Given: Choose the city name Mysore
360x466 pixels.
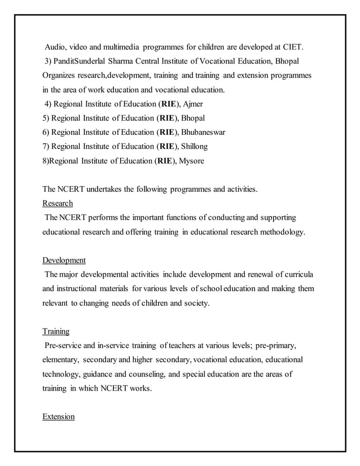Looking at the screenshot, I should tap(191, 161).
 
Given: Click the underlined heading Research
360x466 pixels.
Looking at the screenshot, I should tap(58, 203).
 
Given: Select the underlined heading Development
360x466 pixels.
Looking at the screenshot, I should tap(64, 260).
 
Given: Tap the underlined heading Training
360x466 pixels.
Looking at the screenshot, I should tap(56, 332).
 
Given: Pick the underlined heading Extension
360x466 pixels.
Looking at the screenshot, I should tap(59, 416).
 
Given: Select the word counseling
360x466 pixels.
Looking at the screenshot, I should tap(151, 374).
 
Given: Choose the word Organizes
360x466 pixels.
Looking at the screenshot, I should tap(60, 75).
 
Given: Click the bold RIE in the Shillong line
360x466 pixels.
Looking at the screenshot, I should tap(166, 147).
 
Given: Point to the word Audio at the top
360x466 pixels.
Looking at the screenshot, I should tap(56, 46).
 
